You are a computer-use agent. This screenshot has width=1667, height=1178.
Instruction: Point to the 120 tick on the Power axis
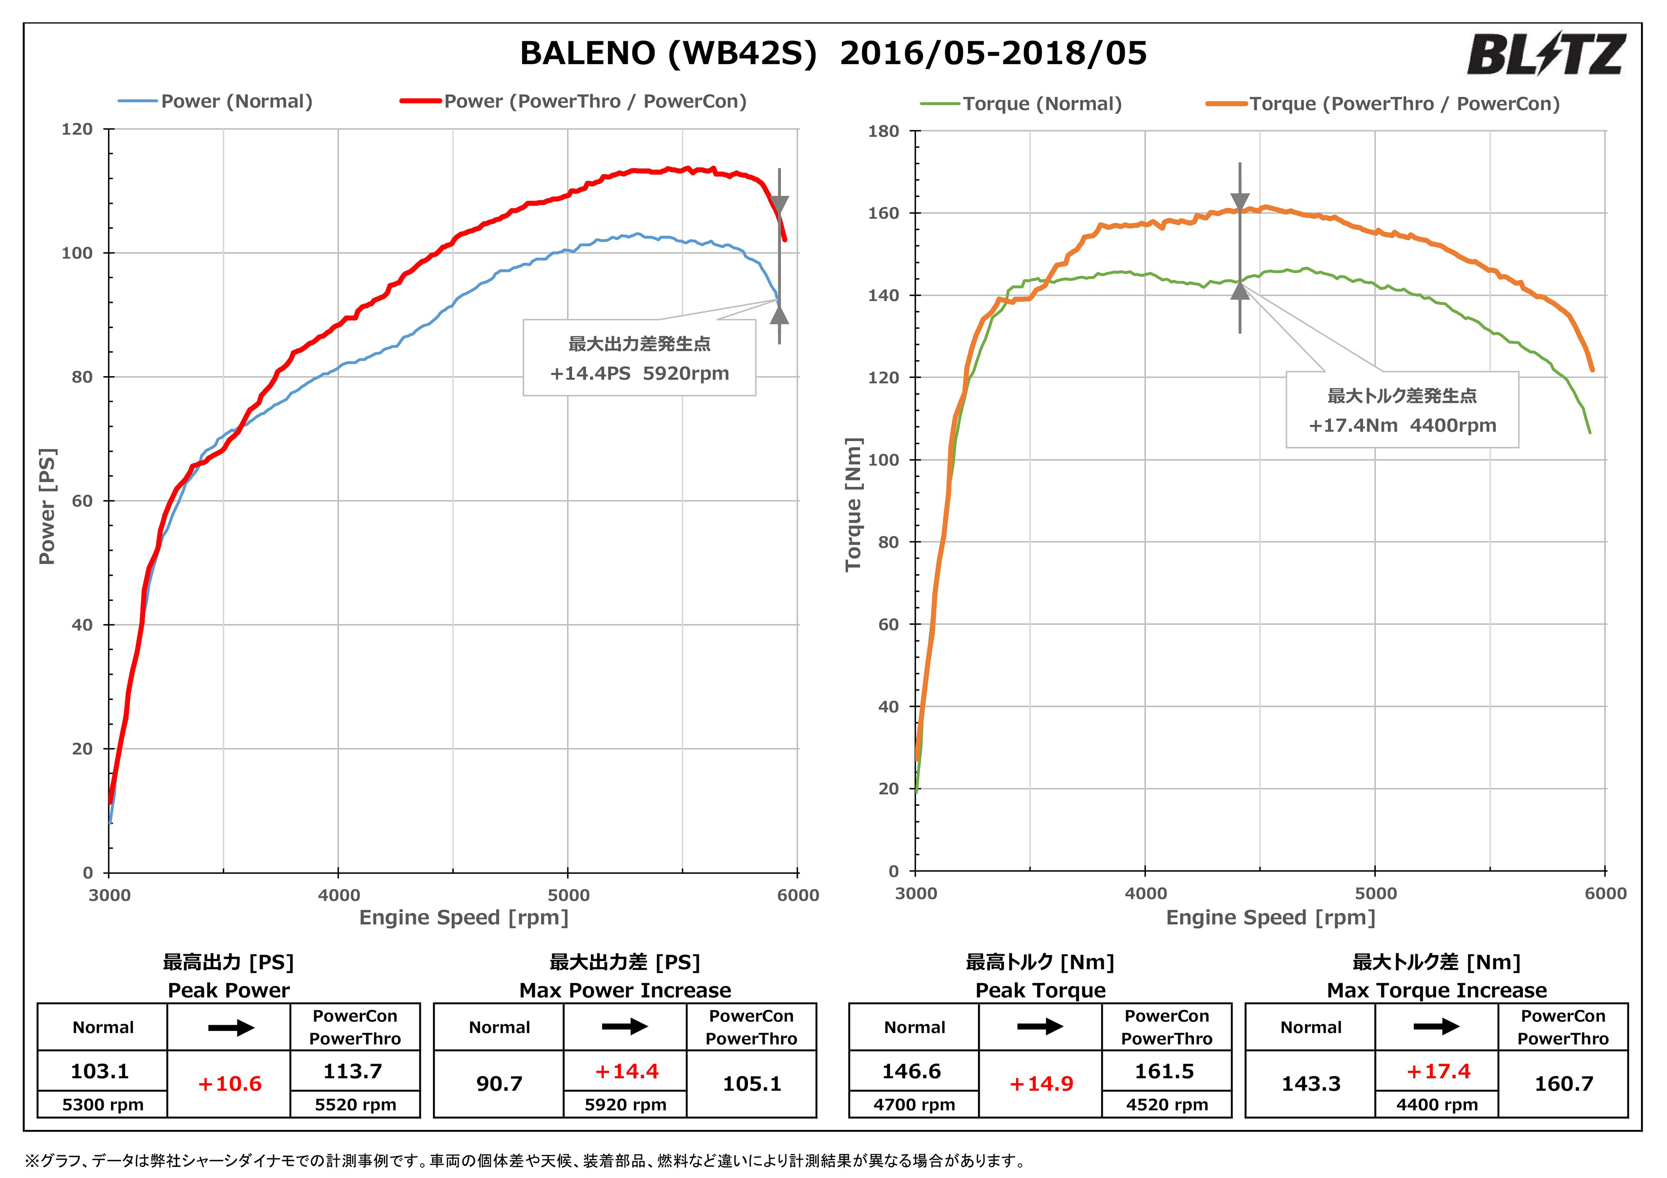[77, 130]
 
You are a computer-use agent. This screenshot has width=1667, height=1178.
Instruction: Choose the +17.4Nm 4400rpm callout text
[1402, 425]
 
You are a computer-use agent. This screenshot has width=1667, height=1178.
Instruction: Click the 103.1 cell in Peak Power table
[100, 1071]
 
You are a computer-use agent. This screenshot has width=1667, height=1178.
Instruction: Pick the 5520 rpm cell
[355, 1105]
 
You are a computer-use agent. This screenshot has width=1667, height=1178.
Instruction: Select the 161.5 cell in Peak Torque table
[1165, 1071]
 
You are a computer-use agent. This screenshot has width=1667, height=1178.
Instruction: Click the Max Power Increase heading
[624, 990]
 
